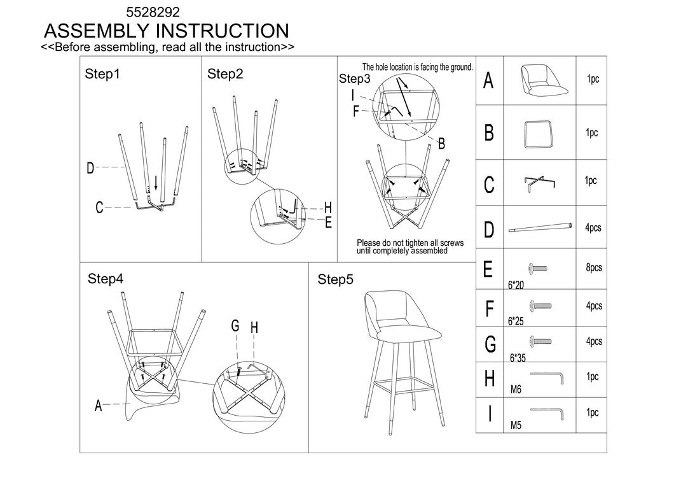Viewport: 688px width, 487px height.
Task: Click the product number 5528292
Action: coord(153,11)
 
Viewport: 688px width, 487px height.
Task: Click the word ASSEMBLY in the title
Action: coord(97,31)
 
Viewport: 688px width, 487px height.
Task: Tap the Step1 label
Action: coord(102,74)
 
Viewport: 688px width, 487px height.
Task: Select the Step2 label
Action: coord(225,74)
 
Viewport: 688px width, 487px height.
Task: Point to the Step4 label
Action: coord(106,279)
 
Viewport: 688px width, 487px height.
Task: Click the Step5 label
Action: coord(335,279)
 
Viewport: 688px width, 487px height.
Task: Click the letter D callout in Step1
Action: coord(91,169)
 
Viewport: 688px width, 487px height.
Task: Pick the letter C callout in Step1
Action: coord(99,208)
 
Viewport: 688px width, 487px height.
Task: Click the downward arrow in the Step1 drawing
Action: coord(156,182)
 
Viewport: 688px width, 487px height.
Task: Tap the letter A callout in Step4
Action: coord(98,406)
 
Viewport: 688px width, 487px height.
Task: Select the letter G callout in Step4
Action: coord(235,326)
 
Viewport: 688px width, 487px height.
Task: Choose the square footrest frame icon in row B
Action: coord(539,133)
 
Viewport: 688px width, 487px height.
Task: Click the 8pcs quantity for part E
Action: coord(593,268)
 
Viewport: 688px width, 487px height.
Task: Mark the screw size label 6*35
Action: coord(518,358)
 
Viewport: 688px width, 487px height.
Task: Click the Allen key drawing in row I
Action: coord(547,412)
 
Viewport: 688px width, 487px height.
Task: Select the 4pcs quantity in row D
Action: coord(593,228)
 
